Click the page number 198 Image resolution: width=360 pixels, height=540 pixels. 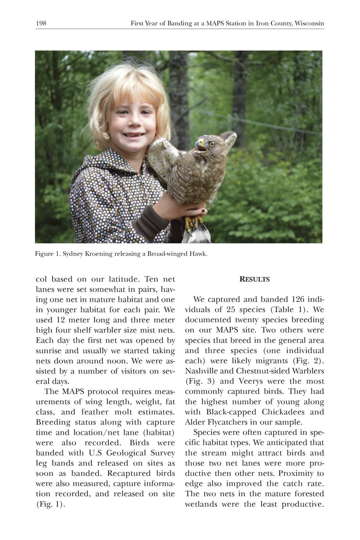[41, 23]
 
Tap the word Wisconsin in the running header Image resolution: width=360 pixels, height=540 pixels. [309, 23]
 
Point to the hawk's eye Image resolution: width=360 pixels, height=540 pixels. [212, 144]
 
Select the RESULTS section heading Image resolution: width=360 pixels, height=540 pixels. [254, 279]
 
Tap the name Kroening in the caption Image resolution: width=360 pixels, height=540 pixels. [98, 254]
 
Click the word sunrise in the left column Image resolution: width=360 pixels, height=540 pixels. [47, 351]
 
